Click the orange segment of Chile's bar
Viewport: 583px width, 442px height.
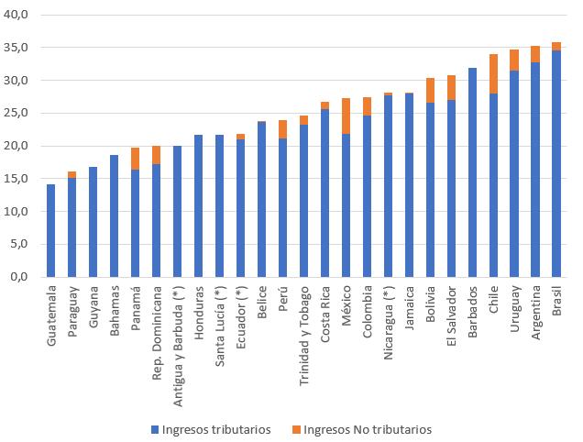(493, 74)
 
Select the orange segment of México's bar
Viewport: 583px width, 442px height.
(346, 116)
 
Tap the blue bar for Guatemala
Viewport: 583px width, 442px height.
(51, 231)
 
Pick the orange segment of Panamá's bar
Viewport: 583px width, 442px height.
(136, 159)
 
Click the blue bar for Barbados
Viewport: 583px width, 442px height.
(472, 172)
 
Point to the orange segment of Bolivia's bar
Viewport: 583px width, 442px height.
(430, 91)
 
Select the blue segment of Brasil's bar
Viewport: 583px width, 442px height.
(556, 164)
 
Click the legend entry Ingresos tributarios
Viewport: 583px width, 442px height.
(211, 429)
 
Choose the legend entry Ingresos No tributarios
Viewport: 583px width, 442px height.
(362, 429)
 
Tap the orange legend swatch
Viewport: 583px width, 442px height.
(296, 429)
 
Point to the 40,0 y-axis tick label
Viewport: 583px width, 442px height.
(16, 15)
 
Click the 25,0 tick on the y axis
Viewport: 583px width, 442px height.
(16, 113)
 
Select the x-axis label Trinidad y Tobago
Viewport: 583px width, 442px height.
(304, 336)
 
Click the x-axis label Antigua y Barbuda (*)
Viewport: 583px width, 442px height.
(178, 346)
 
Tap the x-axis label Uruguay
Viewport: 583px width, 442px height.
(514, 309)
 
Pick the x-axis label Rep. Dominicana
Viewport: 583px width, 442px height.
(157, 333)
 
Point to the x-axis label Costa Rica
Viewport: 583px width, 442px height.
(325, 314)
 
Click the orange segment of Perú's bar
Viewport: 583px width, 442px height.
(282, 129)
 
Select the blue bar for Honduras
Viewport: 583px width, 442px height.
(199, 205)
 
